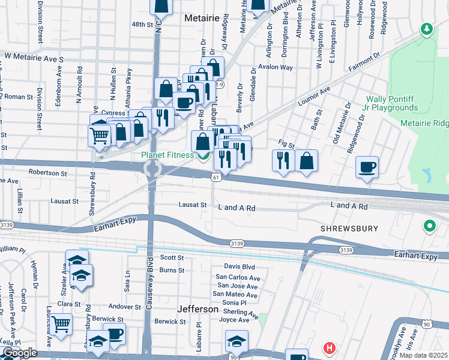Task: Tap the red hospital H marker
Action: [329, 348]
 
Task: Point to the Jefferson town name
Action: [198, 309]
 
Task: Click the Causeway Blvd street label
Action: [148, 283]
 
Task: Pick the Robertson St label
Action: [48, 173]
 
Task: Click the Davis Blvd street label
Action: [240, 266]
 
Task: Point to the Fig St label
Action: [287, 145]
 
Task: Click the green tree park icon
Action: [427, 29]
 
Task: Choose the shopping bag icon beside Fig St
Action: [306, 160]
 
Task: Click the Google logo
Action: [20, 353]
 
